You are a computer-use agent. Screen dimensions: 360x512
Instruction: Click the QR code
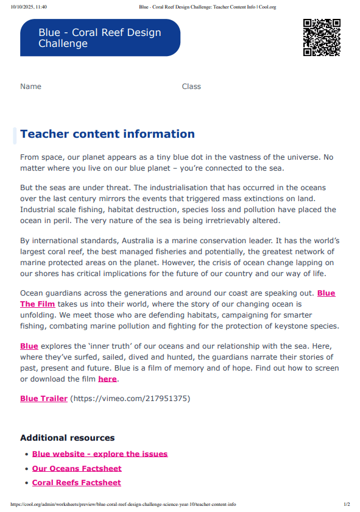pyautogui.click(x=321, y=38)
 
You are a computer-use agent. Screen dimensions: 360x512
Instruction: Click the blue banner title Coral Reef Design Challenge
pyautogui.click(x=100, y=38)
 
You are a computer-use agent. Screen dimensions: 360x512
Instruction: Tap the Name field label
pyautogui.click(x=30, y=87)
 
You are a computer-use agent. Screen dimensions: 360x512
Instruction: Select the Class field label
pyautogui.click(x=191, y=87)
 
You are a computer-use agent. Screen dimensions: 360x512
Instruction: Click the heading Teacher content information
pyautogui.click(x=107, y=134)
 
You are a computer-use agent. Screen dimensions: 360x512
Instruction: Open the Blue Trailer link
pyautogui.click(x=44, y=399)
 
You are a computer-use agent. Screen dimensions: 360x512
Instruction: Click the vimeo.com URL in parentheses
pyautogui.click(x=130, y=399)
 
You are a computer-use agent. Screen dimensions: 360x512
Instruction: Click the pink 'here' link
pyautogui.click(x=107, y=379)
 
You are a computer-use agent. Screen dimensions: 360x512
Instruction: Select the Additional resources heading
pyautogui.click(x=67, y=438)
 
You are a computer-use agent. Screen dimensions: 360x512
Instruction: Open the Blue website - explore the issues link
pyautogui.click(x=100, y=454)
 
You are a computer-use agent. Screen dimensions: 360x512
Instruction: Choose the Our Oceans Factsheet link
pyautogui.click(x=77, y=469)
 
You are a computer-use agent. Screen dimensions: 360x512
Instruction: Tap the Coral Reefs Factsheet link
pyautogui.click(x=77, y=483)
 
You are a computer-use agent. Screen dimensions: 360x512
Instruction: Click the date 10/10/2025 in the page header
pyautogui.click(x=20, y=7)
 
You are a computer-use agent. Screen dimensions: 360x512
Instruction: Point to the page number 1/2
pyautogui.click(x=347, y=505)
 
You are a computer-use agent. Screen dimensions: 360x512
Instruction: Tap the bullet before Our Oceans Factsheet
pyautogui.click(x=26, y=469)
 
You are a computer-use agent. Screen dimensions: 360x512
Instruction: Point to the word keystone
pyautogui.click(x=294, y=326)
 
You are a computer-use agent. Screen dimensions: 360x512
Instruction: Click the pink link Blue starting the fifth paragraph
pyautogui.click(x=29, y=346)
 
